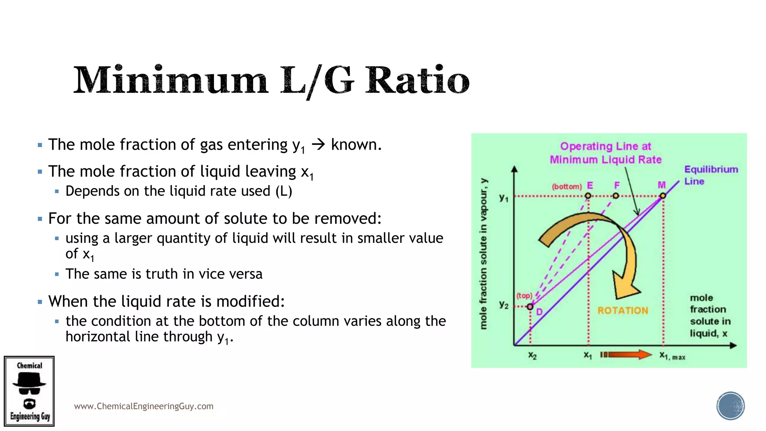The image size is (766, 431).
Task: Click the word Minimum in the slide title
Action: pyautogui.click(x=171, y=80)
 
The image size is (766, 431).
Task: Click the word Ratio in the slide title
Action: pyautogui.click(x=417, y=80)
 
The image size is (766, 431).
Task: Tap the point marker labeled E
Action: pyautogui.click(x=588, y=196)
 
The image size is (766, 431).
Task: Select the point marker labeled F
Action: pyautogui.click(x=616, y=196)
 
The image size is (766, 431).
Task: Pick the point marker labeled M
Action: pyautogui.click(x=663, y=196)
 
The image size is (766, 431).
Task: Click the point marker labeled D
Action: pyautogui.click(x=530, y=307)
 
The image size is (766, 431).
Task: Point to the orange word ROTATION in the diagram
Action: pyautogui.click(x=623, y=311)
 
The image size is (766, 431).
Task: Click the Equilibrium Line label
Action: pyautogui.click(x=711, y=175)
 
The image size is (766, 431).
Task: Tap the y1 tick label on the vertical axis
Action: pyautogui.click(x=504, y=198)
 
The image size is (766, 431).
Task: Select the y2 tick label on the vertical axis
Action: pyautogui.click(x=504, y=305)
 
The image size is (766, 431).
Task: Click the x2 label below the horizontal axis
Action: pyautogui.click(x=532, y=355)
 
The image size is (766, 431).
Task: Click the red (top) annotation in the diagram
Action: pyautogui.click(x=524, y=296)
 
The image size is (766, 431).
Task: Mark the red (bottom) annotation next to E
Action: pyautogui.click(x=567, y=186)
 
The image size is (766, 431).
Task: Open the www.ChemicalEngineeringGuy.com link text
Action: pyautogui.click(x=144, y=406)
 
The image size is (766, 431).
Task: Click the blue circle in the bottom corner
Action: pyautogui.click(x=730, y=406)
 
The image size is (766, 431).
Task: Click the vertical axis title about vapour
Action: pyautogui.click(x=484, y=254)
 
